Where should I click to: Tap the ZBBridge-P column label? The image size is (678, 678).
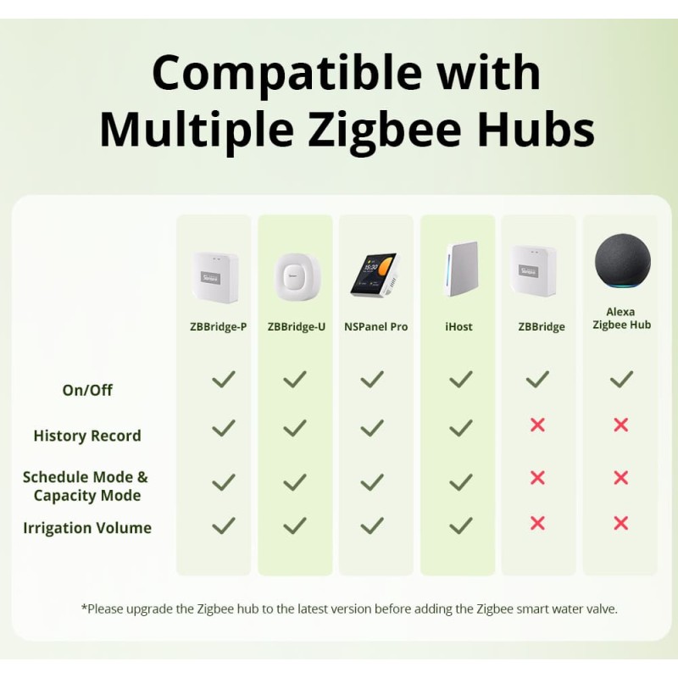pos(219,327)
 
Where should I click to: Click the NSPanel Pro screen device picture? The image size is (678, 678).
pos(374,275)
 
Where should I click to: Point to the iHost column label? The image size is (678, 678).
pos(458,327)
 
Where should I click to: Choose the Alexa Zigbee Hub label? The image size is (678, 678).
pos(621,318)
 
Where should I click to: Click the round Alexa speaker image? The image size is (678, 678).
pos(621,264)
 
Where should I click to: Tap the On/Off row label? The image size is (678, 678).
pos(87,390)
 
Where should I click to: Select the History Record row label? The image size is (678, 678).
pos(87,436)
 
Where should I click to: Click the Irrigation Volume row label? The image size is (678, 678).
pos(87,528)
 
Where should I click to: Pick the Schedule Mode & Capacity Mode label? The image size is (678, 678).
pos(86,486)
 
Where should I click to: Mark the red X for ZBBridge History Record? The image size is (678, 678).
pos(537,425)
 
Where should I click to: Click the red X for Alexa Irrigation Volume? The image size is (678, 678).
pos(621,524)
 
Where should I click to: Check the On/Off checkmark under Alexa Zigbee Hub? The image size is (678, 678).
pos(621,379)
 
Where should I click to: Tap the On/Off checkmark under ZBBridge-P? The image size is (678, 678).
pos(223,379)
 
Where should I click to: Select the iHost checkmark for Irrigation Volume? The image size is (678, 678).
pos(460,525)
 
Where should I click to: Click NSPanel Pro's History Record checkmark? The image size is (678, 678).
pos(372,428)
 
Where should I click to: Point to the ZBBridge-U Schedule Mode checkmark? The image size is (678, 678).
pos(295,481)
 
